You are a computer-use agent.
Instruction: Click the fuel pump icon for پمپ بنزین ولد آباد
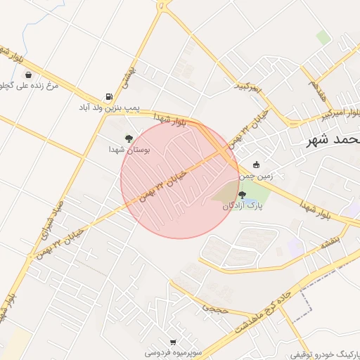point(108,96)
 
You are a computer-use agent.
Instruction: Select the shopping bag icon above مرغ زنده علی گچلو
point(27,75)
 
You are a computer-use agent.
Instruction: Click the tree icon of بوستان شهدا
point(128,139)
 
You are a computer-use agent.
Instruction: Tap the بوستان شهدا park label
point(127,150)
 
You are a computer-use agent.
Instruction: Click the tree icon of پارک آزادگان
point(243,195)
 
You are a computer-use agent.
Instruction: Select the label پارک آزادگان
point(243,206)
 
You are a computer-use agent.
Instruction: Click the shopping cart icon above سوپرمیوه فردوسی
point(173,342)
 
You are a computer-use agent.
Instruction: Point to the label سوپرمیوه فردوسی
point(172,352)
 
